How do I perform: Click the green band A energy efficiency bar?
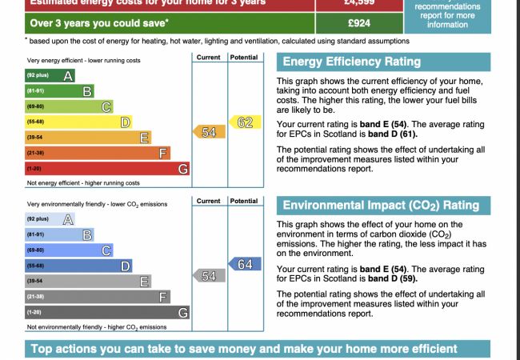50,76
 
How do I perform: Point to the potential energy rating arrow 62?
242,122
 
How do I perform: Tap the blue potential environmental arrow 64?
242,264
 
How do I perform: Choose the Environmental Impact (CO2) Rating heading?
381,206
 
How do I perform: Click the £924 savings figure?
360,23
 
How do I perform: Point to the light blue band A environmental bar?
50,219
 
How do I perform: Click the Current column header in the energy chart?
208,58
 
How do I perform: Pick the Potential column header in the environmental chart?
243,202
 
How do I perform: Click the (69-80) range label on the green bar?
35,106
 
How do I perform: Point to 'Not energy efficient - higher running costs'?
83,182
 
